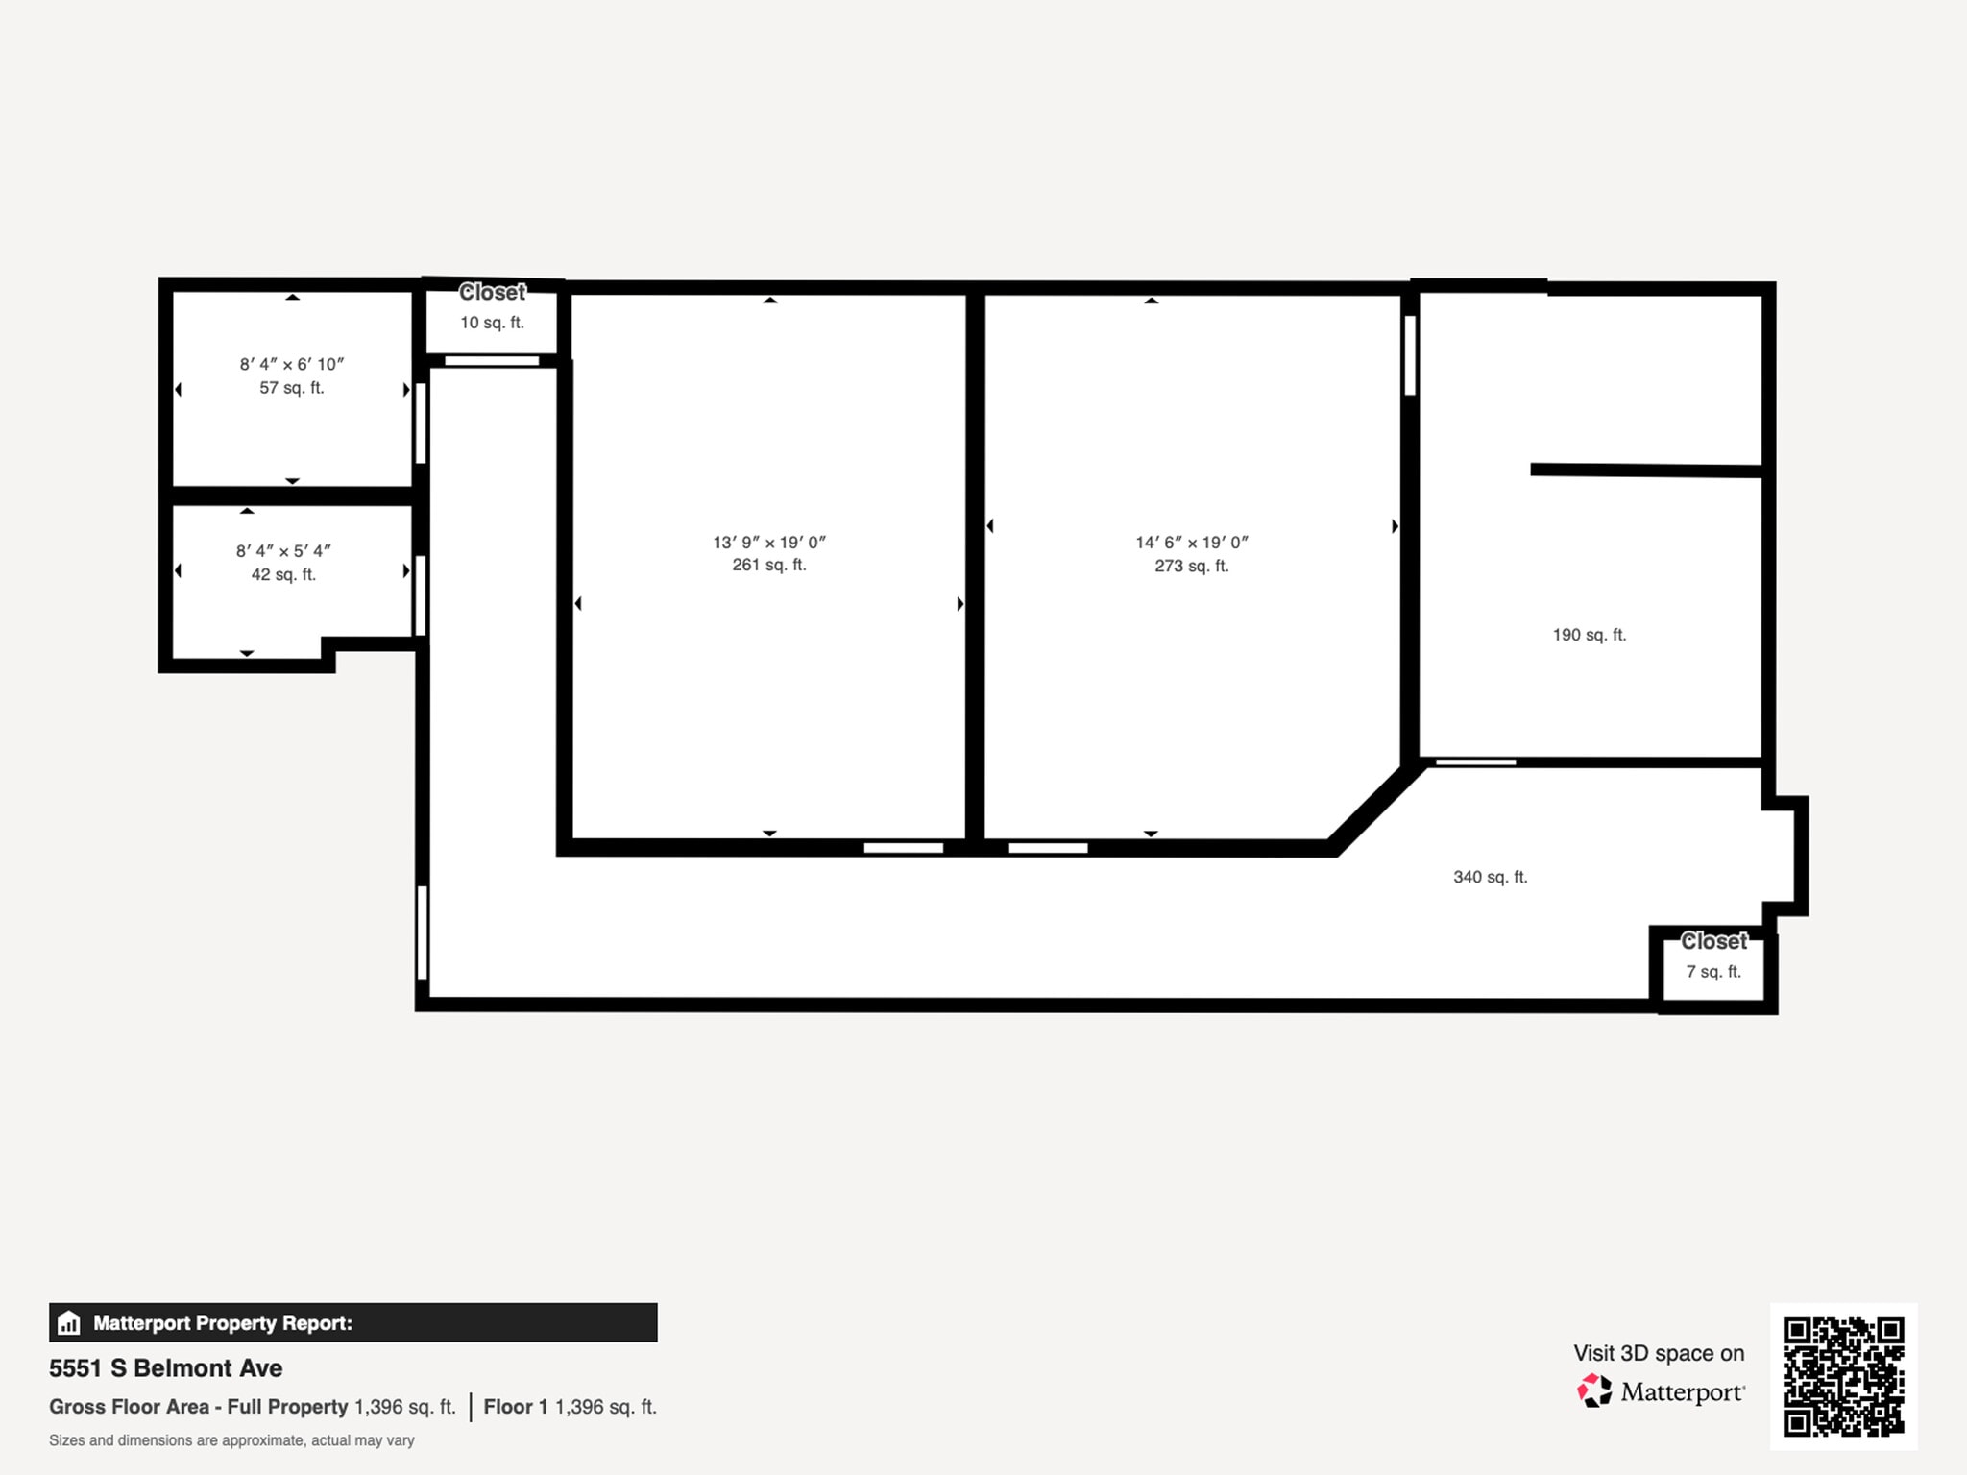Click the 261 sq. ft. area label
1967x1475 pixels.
click(x=769, y=566)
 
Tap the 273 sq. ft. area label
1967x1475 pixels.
click(x=1192, y=567)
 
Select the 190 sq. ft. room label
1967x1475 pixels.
click(x=1590, y=635)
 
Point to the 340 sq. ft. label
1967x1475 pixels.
click(x=1490, y=877)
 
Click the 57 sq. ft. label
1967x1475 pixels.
click(x=292, y=388)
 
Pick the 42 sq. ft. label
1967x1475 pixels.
click(x=283, y=575)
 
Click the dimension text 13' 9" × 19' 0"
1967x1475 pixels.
click(x=769, y=543)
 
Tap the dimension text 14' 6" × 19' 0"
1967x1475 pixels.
click(x=1192, y=543)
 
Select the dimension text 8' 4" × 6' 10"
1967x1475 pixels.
click(x=292, y=364)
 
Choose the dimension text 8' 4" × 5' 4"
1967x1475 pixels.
click(x=283, y=551)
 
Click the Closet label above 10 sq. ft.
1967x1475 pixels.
click(x=492, y=292)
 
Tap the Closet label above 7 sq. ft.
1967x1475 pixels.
click(x=1714, y=941)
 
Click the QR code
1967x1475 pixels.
click(x=1844, y=1376)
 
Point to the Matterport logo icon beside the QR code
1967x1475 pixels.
click(x=1594, y=1390)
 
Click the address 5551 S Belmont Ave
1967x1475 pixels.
click(x=166, y=1368)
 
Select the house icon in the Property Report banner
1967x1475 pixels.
click(x=68, y=1322)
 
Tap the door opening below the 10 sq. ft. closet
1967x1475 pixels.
click(x=492, y=361)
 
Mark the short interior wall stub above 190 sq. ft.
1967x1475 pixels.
click(x=1646, y=471)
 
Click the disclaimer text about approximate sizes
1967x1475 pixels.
click(x=231, y=1440)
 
